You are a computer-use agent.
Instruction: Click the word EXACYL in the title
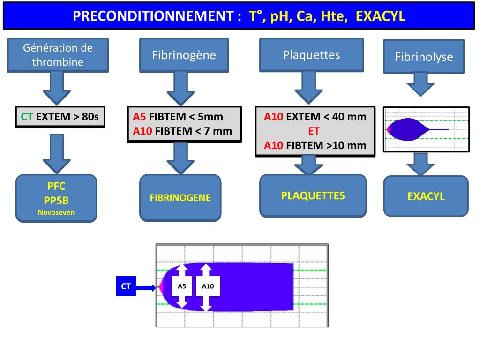380,17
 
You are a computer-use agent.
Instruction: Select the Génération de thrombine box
58,55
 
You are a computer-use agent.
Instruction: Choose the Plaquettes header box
311,55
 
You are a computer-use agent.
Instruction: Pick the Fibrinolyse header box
424,57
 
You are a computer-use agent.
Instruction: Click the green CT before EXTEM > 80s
26,117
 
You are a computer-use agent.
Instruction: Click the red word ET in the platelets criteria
315,131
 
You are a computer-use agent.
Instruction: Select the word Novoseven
56,212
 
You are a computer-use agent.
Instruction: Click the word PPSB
56,201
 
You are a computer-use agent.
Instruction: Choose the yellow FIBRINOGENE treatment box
180,197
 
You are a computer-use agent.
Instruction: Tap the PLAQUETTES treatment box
313,195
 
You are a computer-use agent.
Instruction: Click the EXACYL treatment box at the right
426,196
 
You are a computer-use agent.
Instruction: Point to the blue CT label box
126,286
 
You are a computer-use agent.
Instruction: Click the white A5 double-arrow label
182,286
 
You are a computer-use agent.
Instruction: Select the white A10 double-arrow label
208,286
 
